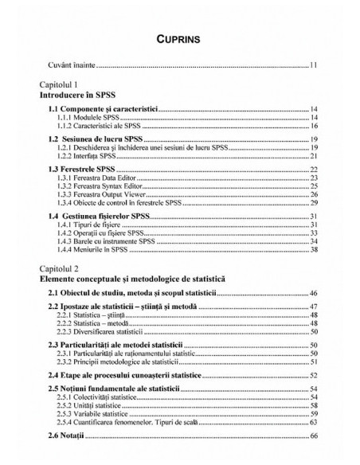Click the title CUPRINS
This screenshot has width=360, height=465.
(179, 37)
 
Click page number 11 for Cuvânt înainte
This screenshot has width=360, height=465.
(315, 64)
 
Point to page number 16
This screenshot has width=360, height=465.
(315, 126)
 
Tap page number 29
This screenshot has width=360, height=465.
(315, 204)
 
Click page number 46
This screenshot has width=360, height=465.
(315, 295)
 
